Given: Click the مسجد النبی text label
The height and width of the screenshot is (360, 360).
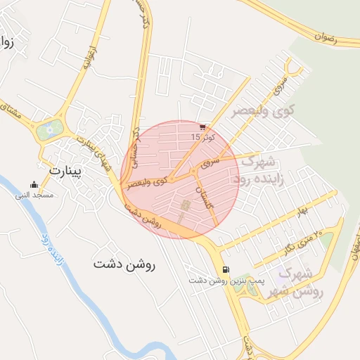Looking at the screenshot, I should [34, 195].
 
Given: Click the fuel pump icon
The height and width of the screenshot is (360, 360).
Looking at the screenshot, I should [225, 269].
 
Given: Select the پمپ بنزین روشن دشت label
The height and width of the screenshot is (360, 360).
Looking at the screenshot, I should [225, 280].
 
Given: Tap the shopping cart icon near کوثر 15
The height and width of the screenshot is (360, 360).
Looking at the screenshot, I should [203, 127].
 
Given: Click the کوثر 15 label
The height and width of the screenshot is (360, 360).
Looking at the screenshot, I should [202, 136].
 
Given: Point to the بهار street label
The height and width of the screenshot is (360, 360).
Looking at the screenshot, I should [303, 210].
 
